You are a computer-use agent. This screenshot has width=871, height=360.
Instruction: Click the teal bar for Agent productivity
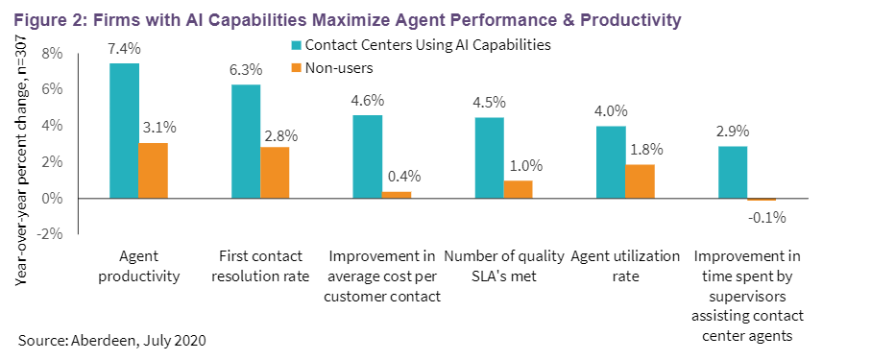click(x=124, y=131)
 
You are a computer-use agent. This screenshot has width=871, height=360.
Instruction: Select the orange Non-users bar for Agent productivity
click(x=153, y=171)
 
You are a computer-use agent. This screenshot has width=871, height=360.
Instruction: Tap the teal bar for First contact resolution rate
click(x=246, y=141)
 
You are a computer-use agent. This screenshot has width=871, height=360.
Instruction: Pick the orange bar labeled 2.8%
click(x=275, y=173)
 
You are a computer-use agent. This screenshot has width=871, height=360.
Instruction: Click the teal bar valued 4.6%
click(x=368, y=156)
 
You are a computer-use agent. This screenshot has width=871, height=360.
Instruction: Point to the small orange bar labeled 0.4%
click(x=397, y=195)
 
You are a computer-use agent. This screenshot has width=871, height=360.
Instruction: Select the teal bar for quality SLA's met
click(x=489, y=157)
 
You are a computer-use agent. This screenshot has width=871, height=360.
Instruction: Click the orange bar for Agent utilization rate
click(x=640, y=181)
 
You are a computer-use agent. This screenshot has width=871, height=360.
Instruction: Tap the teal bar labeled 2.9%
click(x=733, y=172)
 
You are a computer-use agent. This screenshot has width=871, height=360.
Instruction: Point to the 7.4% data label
click(x=124, y=48)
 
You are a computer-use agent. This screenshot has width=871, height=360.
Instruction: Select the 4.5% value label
click(x=489, y=102)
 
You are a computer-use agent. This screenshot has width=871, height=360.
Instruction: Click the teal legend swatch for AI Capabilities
click(x=295, y=44)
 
